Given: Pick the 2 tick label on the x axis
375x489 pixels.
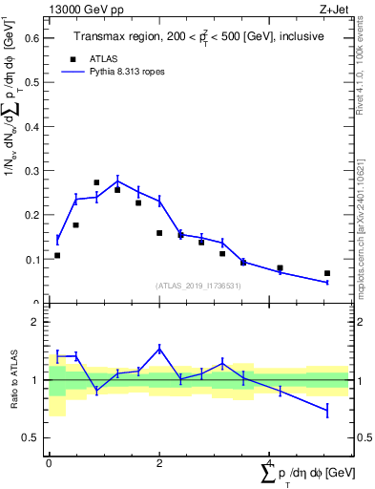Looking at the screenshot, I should pos(159,463).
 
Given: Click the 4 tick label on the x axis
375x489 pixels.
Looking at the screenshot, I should pos(269,463).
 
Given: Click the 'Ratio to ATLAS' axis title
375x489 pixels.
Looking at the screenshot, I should pos(12,379).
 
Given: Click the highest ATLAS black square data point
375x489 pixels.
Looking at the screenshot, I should pos(96,182).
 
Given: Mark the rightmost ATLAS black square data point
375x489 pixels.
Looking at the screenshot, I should pos(327,273).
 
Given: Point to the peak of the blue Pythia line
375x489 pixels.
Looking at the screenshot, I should pos(117,181).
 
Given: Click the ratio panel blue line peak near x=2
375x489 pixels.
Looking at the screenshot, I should pos(159,348).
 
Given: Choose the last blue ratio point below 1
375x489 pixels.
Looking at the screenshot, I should pos(327,411).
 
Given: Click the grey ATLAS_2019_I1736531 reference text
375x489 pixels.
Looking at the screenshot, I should pos(198,286).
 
